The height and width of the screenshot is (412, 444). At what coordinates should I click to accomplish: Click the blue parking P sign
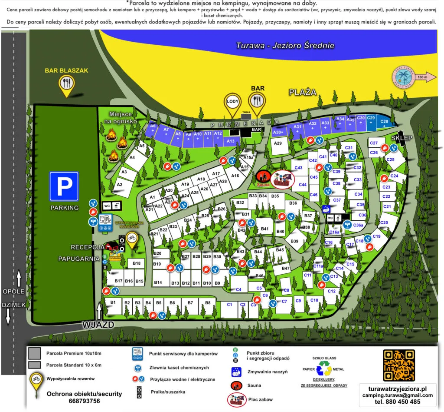point(64,186)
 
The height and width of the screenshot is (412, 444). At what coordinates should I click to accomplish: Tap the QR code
point(399,365)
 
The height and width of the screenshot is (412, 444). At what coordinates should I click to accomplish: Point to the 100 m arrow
point(423,76)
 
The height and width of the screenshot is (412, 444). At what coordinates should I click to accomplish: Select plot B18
point(137,264)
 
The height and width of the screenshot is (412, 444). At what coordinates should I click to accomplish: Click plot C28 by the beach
point(384,122)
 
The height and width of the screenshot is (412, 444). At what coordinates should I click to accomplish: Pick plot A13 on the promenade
point(231,141)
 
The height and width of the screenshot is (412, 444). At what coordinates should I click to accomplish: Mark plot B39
point(295,242)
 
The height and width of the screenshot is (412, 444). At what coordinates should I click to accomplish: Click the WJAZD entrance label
point(99,325)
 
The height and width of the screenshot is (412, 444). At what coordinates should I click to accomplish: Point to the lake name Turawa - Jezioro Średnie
point(285,46)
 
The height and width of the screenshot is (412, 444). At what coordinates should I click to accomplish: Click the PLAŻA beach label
point(303,92)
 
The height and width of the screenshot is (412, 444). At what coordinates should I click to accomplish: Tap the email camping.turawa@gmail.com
point(397,395)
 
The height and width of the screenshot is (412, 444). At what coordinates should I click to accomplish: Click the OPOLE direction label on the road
point(13,291)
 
